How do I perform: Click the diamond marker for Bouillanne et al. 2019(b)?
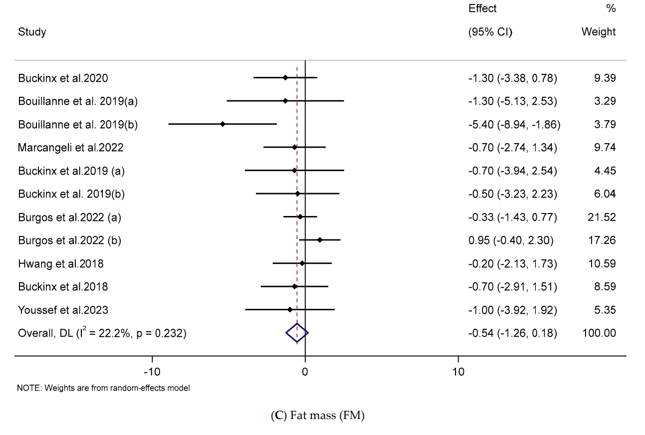(222, 124)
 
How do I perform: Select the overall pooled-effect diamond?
(297, 333)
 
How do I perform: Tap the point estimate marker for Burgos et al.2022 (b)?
(320, 240)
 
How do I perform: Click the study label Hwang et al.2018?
(61, 263)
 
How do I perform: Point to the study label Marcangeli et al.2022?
(71, 147)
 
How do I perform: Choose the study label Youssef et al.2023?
(63, 310)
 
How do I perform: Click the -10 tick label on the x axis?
(152, 372)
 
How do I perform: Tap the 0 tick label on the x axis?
(305, 372)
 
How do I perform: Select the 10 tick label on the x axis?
(458, 372)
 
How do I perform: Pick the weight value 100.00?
(599, 333)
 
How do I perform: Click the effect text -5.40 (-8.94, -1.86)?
(514, 124)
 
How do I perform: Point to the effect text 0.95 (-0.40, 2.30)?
(511, 240)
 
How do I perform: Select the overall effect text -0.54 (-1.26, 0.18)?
(513, 333)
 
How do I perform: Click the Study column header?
(32, 32)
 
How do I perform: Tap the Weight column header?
(599, 32)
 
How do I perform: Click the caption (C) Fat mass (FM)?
(317, 416)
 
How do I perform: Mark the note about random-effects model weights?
(104, 388)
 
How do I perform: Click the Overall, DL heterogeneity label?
(102, 333)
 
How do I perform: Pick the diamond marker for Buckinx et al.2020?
(285, 78)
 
